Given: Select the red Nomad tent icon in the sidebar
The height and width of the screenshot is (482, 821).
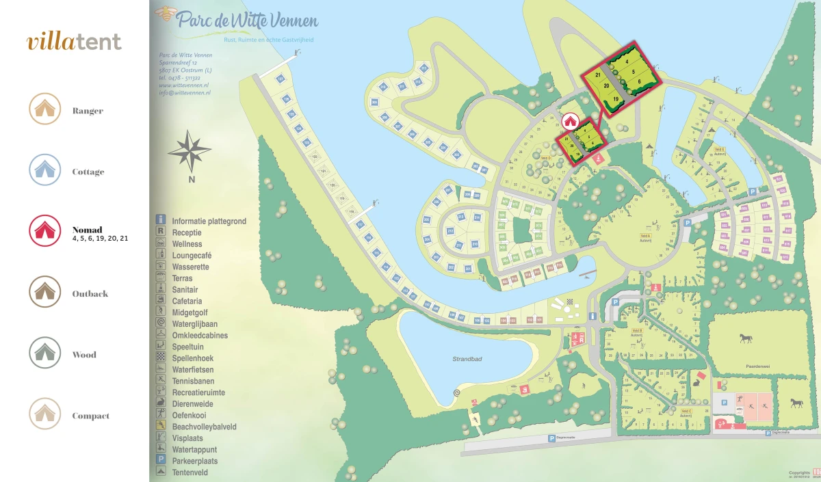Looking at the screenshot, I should pos(45,230).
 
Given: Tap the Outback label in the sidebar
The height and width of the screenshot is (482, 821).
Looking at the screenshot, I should pos(90,294).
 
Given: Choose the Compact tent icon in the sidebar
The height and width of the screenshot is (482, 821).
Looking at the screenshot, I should pos(45,414).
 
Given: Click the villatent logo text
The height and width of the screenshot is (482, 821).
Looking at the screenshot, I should pos(74,42).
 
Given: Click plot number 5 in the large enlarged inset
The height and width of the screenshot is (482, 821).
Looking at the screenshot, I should pos(634,71).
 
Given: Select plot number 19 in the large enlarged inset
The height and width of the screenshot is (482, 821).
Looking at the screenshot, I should pos(616,99).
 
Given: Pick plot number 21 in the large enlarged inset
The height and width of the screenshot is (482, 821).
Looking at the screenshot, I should pos(598,75).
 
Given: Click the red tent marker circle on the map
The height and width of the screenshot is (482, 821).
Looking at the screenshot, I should pos(569,121).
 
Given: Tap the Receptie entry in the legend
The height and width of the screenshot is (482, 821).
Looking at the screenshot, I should pos(187,232).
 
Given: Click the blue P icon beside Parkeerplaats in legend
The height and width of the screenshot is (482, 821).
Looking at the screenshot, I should pos(161,459).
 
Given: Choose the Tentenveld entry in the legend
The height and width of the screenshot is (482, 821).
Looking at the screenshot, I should pos(190,472).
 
